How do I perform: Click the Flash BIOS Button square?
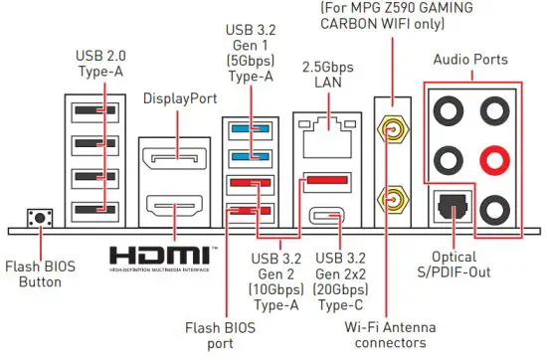point(41,218)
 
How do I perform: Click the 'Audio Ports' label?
point(470,60)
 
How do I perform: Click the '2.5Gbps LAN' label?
point(323,75)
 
